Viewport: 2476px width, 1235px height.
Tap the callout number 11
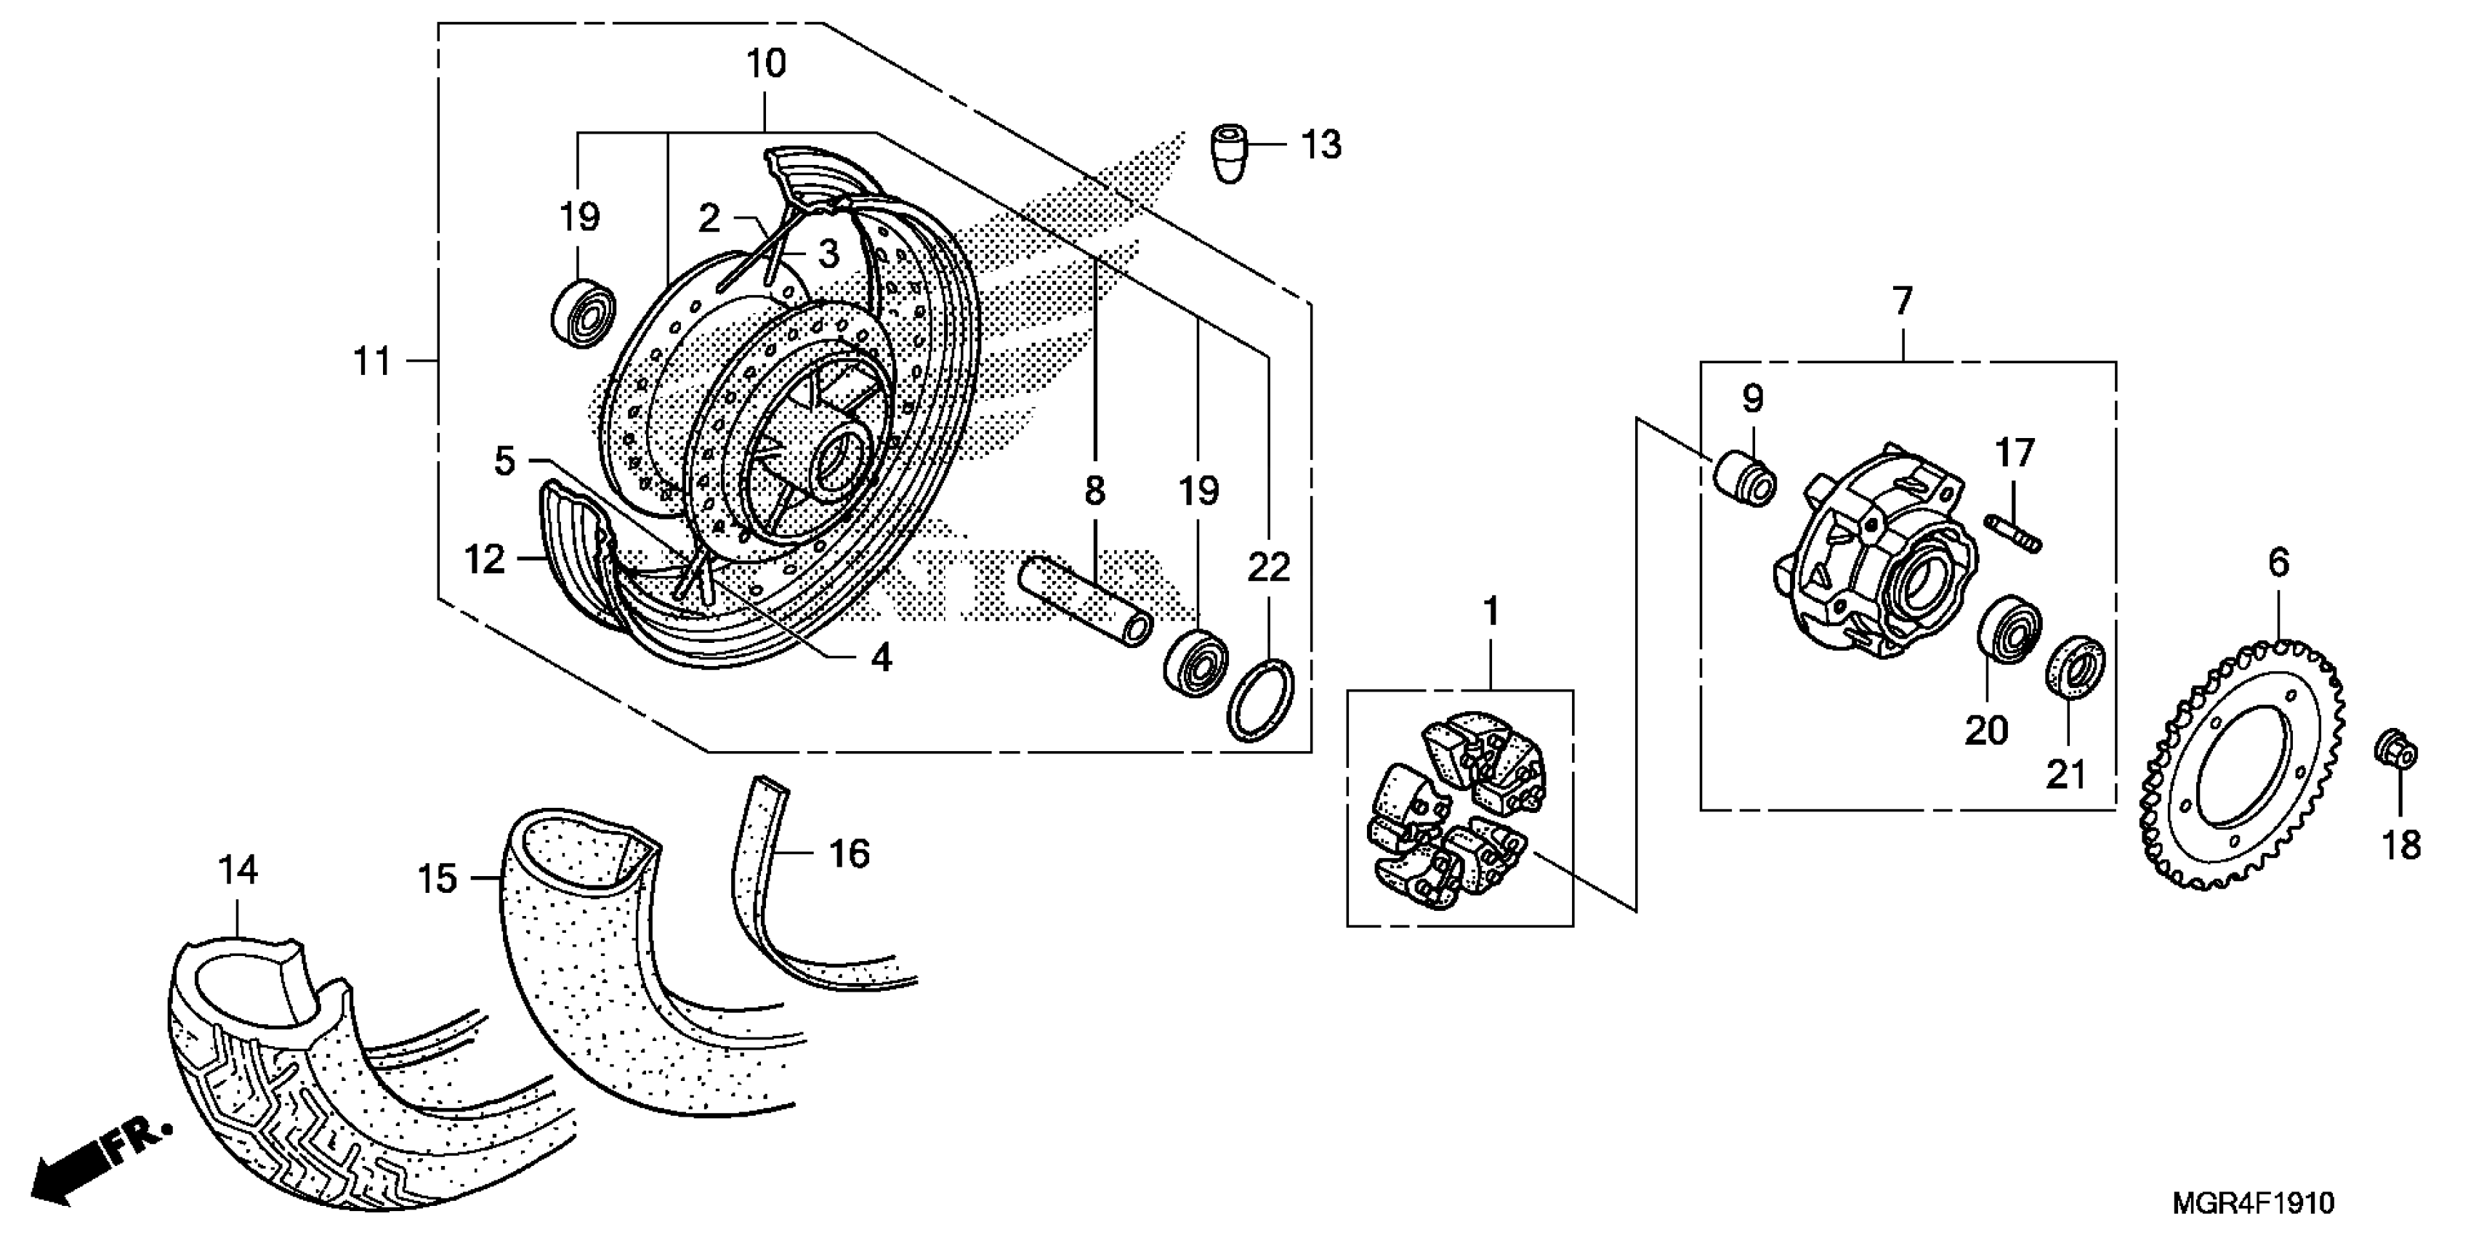pyautogui.click(x=373, y=363)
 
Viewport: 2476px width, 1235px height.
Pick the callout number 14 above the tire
pyautogui.click(x=238, y=871)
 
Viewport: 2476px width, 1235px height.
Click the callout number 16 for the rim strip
pyautogui.click(x=849, y=854)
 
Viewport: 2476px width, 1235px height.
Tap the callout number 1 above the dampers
pyautogui.click(x=1491, y=611)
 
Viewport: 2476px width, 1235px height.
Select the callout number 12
pyautogui.click(x=483, y=559)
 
